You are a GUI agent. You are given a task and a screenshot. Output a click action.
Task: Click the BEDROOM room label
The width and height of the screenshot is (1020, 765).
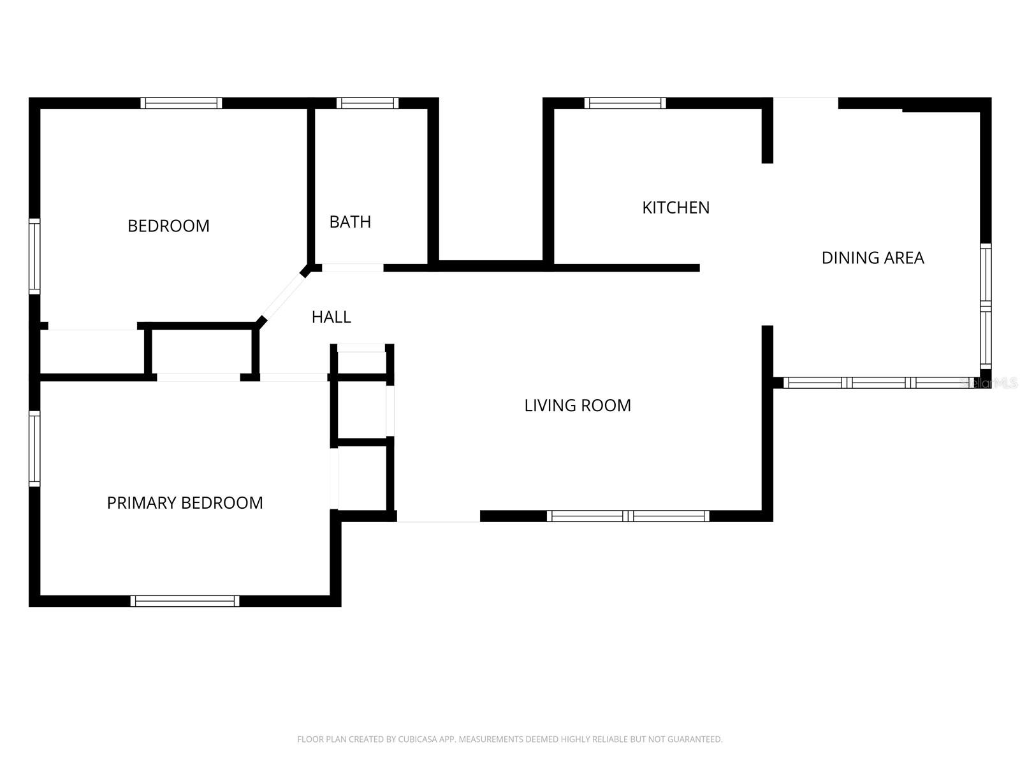168,226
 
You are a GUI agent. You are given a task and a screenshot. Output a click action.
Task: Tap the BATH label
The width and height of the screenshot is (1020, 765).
350,222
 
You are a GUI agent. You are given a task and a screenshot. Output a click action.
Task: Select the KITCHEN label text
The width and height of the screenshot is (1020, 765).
676,207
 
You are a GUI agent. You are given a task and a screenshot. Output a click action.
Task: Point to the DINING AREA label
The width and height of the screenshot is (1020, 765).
873,258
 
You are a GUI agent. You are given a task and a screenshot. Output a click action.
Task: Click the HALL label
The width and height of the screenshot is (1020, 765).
331,317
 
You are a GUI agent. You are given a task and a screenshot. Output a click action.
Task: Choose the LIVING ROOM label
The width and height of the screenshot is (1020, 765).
578,405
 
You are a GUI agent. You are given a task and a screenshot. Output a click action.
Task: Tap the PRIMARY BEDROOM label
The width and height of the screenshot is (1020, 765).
185,503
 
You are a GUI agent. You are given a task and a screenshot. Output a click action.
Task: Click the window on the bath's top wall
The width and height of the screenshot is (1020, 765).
367,103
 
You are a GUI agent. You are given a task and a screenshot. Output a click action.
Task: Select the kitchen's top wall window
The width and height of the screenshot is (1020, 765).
625,103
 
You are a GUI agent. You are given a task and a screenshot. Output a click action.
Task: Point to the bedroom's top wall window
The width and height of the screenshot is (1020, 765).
182,103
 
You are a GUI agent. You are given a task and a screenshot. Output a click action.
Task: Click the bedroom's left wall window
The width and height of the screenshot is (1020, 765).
34,256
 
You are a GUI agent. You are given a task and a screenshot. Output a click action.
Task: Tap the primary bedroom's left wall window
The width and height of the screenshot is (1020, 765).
34,449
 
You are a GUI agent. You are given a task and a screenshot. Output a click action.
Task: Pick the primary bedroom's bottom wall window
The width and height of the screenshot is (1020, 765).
185,601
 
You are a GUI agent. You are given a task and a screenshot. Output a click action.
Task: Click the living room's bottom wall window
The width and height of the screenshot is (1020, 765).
628,516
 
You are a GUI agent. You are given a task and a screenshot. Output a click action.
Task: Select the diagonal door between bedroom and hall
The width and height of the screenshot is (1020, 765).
283,297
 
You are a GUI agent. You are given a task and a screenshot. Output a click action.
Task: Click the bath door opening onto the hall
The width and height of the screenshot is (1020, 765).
353,268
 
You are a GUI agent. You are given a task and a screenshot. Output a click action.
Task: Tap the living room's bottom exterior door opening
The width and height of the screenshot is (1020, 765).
439,516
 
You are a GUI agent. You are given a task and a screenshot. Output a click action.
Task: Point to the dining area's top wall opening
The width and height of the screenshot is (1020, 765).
806,103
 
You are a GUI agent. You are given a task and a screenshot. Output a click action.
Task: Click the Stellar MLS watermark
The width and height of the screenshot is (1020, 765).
989,383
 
